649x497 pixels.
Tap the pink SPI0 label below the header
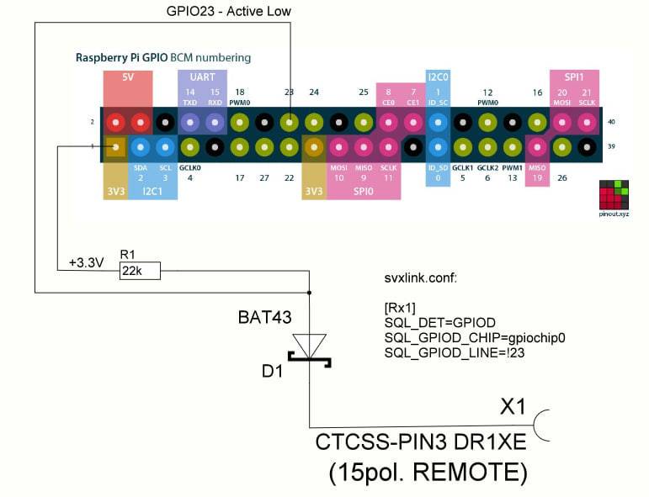362,192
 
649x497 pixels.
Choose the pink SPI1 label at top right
573,77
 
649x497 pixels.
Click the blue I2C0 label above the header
438,77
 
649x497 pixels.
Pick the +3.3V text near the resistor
86,263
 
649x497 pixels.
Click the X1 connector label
513,407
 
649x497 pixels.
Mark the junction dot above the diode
310,292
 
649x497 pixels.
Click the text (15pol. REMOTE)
428,472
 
